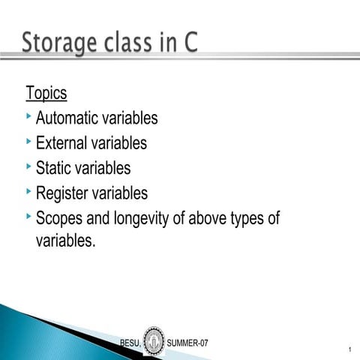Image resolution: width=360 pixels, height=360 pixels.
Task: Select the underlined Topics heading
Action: [x=46, y=94]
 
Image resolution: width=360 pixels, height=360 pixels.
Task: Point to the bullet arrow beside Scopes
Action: [x=28, y=216]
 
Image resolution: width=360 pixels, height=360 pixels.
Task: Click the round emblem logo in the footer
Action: [x=154, y=341]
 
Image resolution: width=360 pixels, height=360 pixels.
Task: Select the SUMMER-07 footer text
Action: [x=187, y=343]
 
